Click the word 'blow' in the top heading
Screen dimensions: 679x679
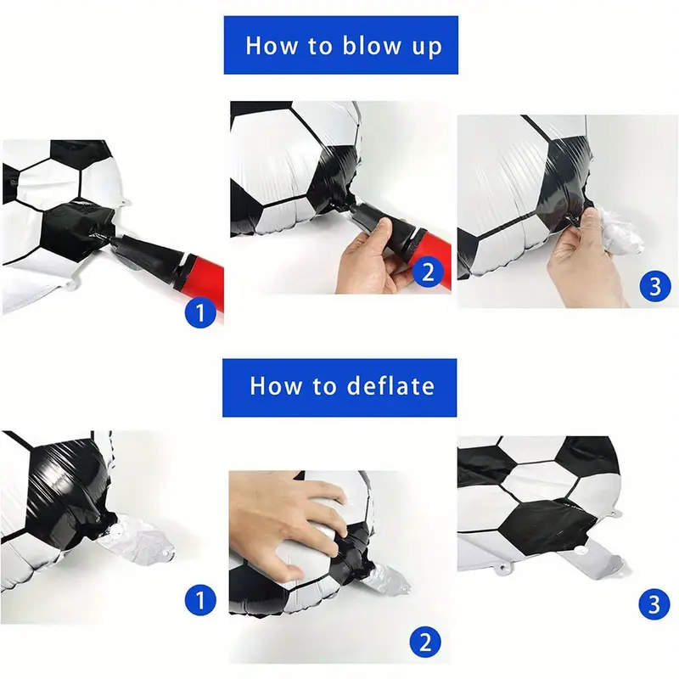[x=372, y=45]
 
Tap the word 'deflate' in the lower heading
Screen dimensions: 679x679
[x=390, y=385]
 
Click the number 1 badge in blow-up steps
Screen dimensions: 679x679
[x=200, y=312]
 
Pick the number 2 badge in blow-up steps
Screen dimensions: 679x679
[x=428, y=272]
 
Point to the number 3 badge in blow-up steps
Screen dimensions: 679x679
[x=655, y=286]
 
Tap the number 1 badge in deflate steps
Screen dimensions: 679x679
[x=200, y=600]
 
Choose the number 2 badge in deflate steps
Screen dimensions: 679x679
[x=425, y=642]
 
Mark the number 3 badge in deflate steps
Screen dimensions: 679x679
[x=654, y=604]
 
